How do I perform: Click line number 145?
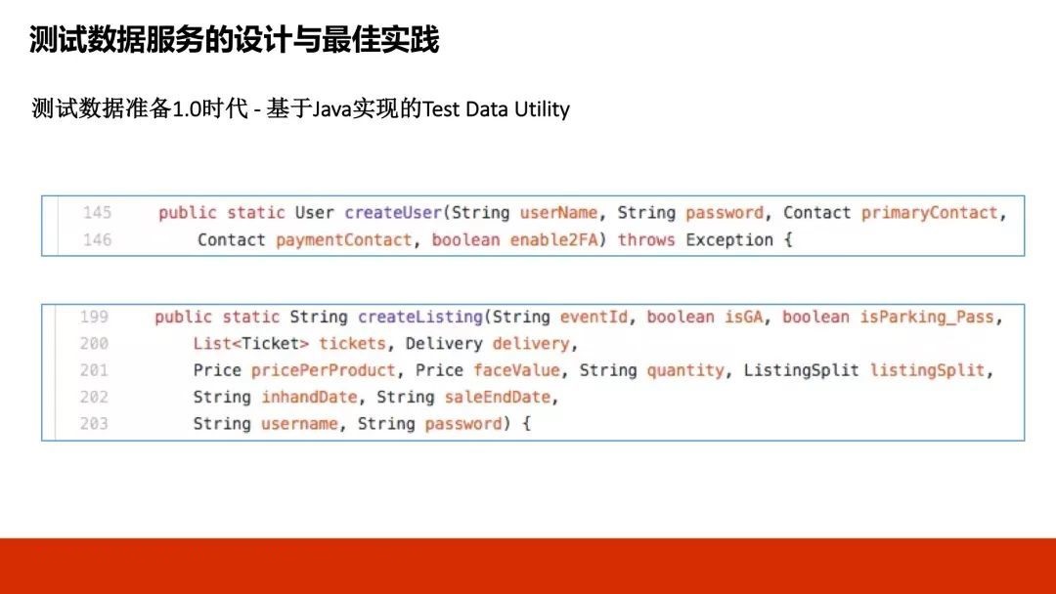[97, 213]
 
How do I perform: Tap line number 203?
[94, 424]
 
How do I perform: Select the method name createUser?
[393, 213]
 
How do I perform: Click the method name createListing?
[420, 317]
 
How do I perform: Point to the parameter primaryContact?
[930, 213]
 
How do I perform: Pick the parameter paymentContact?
[343, 240]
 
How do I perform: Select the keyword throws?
[646, 240]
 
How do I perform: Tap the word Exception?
[729, 240]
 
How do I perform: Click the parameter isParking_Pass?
[927, 317]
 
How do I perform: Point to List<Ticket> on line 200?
[251, 344]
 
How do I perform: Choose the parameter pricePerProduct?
[324, 370]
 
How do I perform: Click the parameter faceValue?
[516, 370]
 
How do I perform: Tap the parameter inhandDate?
[309, 397]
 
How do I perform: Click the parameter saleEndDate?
[498, 397]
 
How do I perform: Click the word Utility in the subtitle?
[542, 109]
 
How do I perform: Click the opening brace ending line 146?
[788, 240]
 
